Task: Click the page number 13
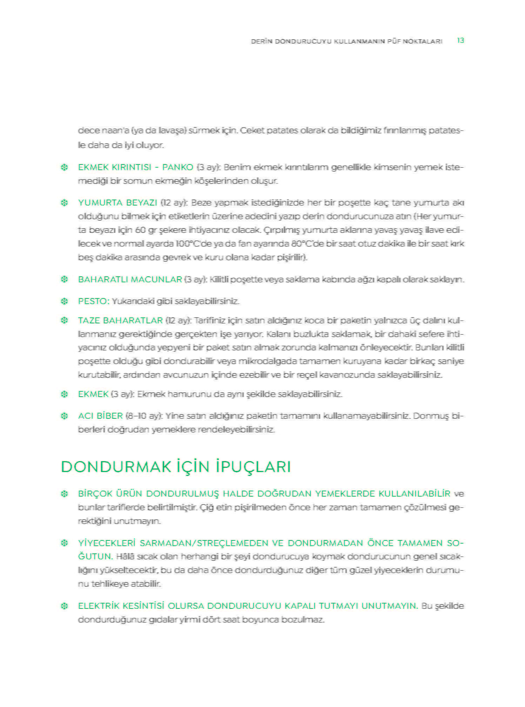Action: click(x=460, y=41)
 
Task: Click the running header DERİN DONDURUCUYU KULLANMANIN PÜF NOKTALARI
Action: click(x=346, y=41)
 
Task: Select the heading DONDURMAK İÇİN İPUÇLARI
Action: click(x=176, y=467)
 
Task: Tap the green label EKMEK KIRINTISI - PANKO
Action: click(x=135, y=167)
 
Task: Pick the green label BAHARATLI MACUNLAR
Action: click(x=130, y=280)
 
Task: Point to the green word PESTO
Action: click(x=93, y=301)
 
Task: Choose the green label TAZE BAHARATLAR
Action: click(x=120, y=321)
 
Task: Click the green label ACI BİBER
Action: click(x=100, y=416)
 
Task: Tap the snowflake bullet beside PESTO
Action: click(x=64, y=301)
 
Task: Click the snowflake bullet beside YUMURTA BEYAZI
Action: click(x=64, y=203)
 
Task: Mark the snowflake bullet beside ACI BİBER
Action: click(x=64, y=416)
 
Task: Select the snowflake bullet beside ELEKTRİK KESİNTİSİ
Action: click(x=64, y=606)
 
